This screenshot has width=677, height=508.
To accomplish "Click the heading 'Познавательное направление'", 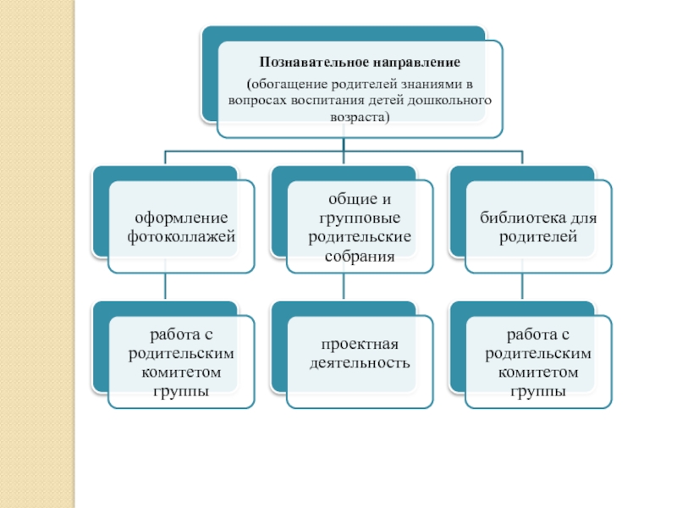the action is point(359,63).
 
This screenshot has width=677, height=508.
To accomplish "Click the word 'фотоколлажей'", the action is point(181,235).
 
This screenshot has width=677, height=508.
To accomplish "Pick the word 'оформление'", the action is point(181,218).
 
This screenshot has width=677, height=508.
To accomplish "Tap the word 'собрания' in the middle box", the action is point(360,251).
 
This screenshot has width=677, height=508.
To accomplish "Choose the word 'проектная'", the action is point(360,345).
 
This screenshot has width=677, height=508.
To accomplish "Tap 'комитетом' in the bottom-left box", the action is point(181,372).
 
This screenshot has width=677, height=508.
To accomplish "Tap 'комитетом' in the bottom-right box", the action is point(538,372).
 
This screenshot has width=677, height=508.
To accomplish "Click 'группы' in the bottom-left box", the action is point(181,389).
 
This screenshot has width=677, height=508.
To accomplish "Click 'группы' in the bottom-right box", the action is point(538,389).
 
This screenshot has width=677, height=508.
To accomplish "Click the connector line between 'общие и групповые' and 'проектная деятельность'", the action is point(343,288).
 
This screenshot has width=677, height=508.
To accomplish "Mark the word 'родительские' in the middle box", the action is point(360,235).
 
